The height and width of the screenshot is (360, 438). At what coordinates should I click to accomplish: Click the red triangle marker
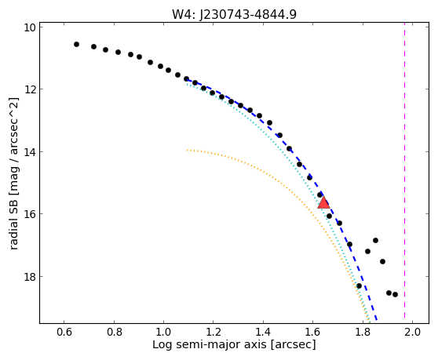click(323, 202)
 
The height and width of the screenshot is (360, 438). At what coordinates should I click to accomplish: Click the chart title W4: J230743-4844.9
click(234, 15)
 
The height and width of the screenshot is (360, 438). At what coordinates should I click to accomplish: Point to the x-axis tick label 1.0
click(163, 332)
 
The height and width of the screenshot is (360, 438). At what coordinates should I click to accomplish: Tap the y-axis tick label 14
click(30, 151)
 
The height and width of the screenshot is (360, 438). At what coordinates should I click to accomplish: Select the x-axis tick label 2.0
click(412, 332)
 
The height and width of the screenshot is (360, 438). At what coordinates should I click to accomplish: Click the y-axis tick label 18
click(30, 276)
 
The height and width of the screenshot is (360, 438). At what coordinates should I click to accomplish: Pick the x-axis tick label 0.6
click(64, 332)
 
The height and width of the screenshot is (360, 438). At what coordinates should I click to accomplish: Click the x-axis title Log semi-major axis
click(210, 345)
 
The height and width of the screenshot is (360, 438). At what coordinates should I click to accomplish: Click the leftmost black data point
click(76, 44)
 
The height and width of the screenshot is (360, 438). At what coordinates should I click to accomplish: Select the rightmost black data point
click(395, 294)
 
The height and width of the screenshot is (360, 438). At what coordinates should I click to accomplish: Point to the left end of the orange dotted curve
click(187, 150)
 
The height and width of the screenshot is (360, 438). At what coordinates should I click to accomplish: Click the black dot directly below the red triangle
click(329, 216)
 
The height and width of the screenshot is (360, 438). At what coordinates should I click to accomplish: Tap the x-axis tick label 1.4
click(263, 332)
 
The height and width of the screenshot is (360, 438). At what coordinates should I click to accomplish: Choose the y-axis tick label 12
click(30, 89)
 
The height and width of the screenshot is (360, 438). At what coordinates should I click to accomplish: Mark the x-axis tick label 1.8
click(363, 332)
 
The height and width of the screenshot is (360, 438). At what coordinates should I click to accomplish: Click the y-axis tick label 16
click(30, 214)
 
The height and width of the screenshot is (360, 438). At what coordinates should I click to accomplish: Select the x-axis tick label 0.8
click(114, 332)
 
